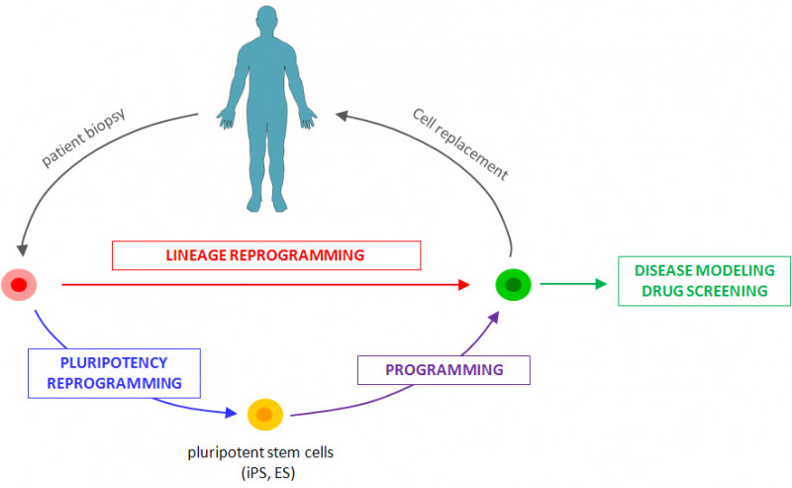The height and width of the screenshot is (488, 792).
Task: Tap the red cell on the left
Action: [19, 285]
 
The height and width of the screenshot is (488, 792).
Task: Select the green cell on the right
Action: [513, 285]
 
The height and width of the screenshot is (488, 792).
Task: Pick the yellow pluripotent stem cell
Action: [265, 414]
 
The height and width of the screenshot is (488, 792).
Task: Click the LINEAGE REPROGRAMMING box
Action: [265, 254]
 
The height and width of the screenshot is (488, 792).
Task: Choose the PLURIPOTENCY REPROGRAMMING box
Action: [114, 372]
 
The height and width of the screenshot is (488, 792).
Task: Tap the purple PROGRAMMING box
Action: [444, 369]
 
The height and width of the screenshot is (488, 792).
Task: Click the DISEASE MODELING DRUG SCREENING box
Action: [703, 280]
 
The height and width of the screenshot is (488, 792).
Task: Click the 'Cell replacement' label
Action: [459, 144]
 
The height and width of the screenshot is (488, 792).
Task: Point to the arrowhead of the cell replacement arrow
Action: [342, 116]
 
